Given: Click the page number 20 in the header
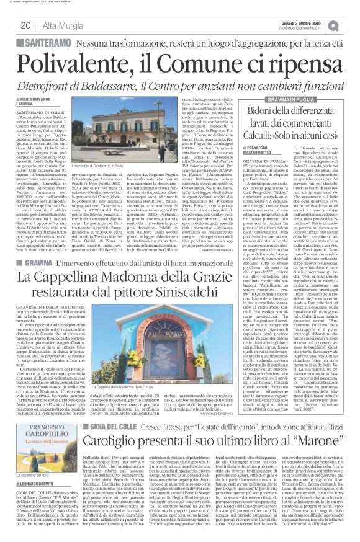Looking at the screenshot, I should (26, 25).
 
